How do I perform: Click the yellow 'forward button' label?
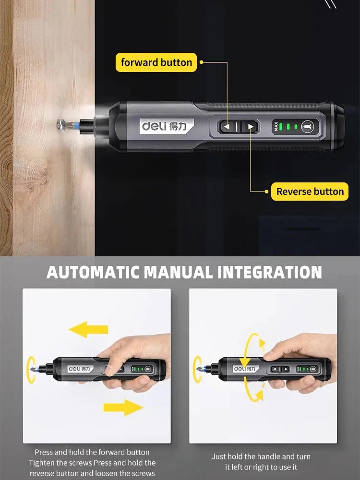156,62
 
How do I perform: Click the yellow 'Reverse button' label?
310,192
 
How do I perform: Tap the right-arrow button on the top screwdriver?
250,127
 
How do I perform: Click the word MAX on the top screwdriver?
276,127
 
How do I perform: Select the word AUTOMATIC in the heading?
94,272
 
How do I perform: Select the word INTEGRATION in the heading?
269,272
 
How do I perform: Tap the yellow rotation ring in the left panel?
32,369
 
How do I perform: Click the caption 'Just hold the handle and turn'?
261,456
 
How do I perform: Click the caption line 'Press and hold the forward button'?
92,452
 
